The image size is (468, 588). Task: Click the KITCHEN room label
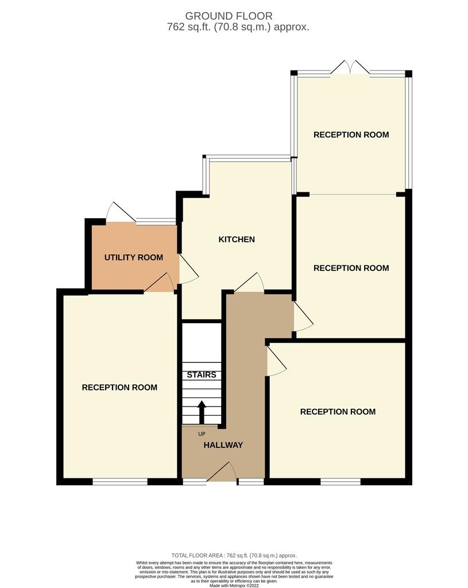[x=237, y=239]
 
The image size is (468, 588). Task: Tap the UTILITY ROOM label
[x=133, y=257]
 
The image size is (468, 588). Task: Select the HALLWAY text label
[x=223, y=445]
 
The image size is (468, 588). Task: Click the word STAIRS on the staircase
[x=202, y=374]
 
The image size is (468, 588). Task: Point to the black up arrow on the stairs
[x=202, y=412]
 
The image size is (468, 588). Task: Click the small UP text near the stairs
[x=202, y=434]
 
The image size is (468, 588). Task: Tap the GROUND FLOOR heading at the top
[x=229, y=16]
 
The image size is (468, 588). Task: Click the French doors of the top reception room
[x=350, y=68]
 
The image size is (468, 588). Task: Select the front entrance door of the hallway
[x=222, y=471]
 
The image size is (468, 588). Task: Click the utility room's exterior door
[x=121, y=212]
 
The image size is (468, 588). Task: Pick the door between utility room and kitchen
[x=188, y=269]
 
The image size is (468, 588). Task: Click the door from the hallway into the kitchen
[x=249, y=283]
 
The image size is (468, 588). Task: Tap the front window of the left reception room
[x=120, y=482]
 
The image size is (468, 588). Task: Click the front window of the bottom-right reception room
[x=341, y=482]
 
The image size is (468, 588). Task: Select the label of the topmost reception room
[x=351, y=134]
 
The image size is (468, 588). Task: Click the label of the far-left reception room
[x=119, y=388]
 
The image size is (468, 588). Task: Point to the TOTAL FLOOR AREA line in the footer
[x=234, y=555]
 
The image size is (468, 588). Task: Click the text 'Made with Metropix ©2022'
[x=234, y=585]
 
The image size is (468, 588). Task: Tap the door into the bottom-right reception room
[x=276, y=361]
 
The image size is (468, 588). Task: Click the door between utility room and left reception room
[x=159, y=283]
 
